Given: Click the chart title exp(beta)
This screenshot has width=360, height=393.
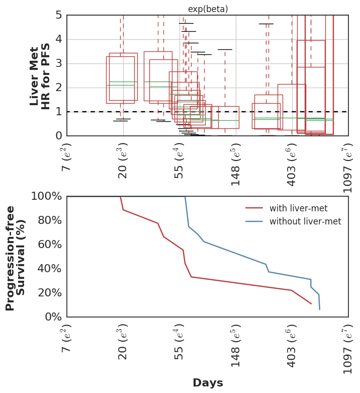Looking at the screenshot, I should [x=208, y=9].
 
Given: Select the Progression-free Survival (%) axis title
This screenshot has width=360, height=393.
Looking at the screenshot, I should [x=16, y=258].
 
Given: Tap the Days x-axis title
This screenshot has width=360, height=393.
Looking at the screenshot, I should [x=208, y=383].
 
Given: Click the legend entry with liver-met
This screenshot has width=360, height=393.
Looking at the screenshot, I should [x=292, y=208].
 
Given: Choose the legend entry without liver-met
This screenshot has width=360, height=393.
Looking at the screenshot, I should [x=305, y=221].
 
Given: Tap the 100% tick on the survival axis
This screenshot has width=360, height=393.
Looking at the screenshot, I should [x=46, y=196].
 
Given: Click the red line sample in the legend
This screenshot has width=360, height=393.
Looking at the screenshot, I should [x=254, y=208].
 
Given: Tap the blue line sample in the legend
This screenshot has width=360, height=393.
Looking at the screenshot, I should [x=254, y=221].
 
